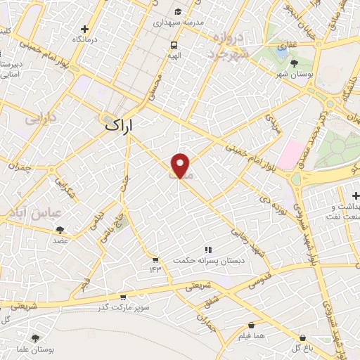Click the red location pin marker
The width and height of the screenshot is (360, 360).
tap(181, 166)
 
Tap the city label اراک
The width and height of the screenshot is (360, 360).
tap(119, 126)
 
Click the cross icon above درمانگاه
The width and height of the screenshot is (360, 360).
tap(85, 30)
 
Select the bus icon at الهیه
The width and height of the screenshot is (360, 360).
tap(173, 45)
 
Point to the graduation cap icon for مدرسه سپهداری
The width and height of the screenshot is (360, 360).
tap(179, 12)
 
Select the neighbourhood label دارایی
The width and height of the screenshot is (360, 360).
tap(39, 120)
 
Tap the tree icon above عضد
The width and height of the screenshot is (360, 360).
tap(60, 229)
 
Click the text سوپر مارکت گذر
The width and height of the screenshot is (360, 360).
tap(124, 307)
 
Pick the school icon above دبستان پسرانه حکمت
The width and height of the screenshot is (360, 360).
tap(207, 250)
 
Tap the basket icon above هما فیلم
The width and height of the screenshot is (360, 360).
tap(252, 326)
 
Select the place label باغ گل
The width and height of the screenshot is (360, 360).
tap(301, 347)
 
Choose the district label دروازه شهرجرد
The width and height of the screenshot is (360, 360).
tap(229, 45)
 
